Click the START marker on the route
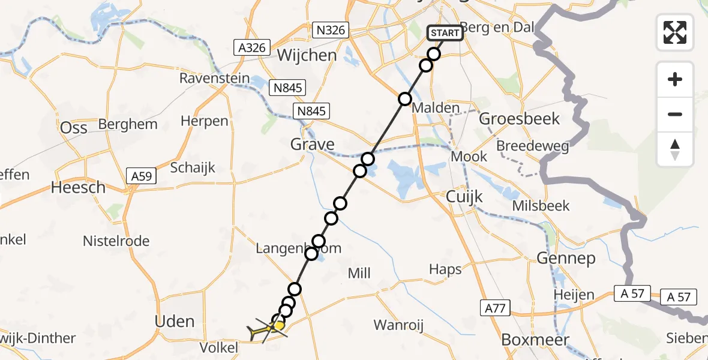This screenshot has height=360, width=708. pos(445,33)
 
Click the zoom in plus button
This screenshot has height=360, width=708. pos(675,79)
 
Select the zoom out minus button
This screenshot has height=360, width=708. pos(675,114)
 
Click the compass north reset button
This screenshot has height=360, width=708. pos(675,149)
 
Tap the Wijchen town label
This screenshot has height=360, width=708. pos(307,56)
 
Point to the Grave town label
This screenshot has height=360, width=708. pos(312,144)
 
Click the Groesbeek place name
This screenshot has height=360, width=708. pos(520,119)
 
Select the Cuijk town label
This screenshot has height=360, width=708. pos(465,197)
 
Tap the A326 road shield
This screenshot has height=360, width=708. pos(252,48)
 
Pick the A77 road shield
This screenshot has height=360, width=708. pos(494,308)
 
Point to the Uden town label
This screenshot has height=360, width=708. pos(175,321)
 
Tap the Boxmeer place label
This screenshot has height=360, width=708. pos(526,339)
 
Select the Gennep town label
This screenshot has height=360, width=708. pos(567,259)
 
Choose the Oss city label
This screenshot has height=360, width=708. pos(74,127)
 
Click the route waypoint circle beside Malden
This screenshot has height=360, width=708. pos(405,99)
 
